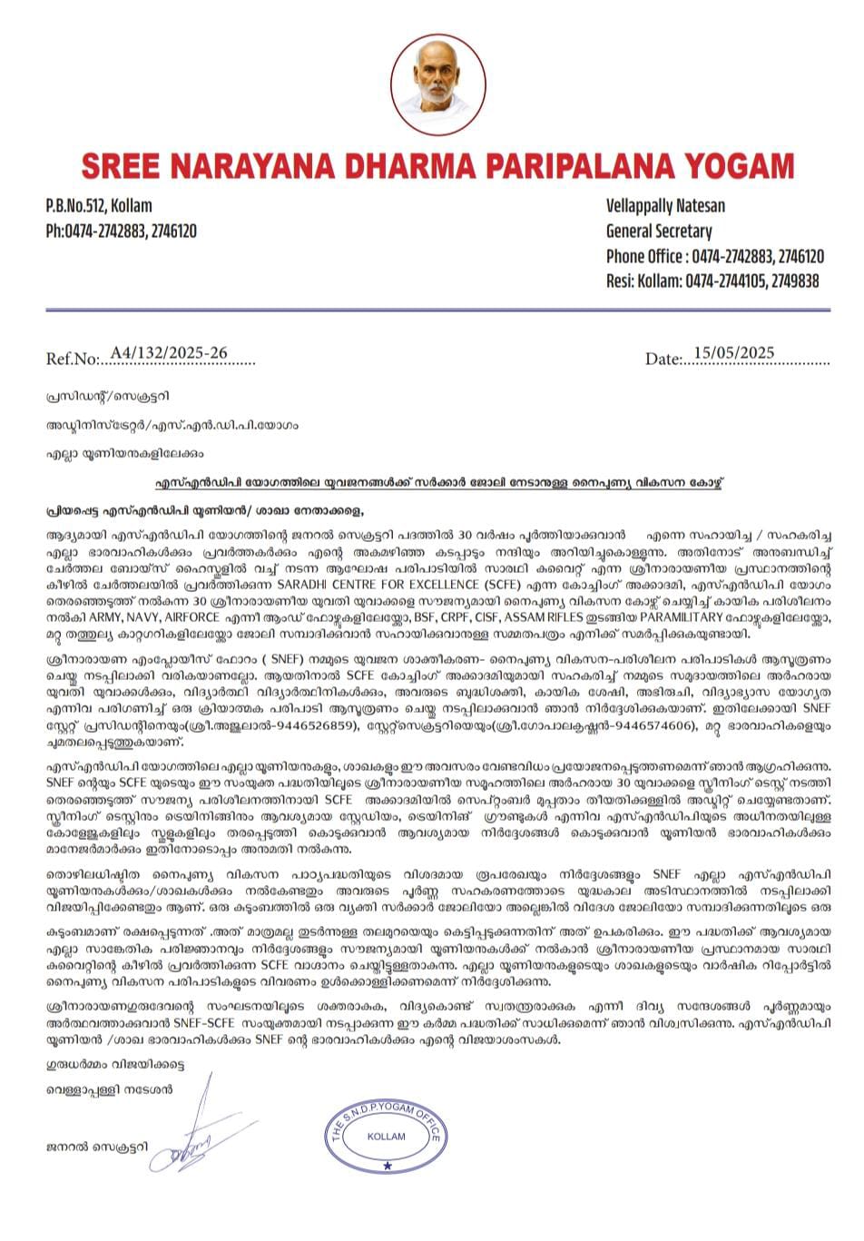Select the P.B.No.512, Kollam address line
pyautogui.click(x=99, y=205)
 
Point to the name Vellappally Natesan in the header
pyautogui.click(x=665, y=205)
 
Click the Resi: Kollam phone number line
pyautogui.click(x=712, y=281)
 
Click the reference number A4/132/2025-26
pyautogui.click(x=169, y=352)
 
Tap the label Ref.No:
pyautogui.click(x=72, y=359)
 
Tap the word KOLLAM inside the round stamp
pyautogui.click(x=387, y=1137)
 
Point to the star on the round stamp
pyautogui.click(x=388, y=1166)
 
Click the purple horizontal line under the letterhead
pyautogui.click(x=438, y=310)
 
